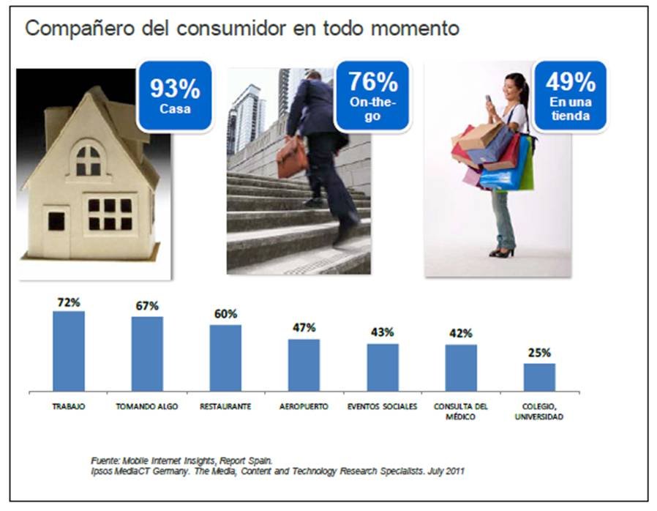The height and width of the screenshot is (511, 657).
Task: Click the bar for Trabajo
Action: tap(69, 351)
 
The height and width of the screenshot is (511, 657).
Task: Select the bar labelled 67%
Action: tap(147, 354)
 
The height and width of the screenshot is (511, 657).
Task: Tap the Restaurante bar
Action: tap(225, 358)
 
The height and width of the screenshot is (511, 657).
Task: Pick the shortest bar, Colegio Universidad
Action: tap(539, 377)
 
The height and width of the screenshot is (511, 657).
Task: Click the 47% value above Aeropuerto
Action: tap(304, 327)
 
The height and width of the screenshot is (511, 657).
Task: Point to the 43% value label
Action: tap(382, 332)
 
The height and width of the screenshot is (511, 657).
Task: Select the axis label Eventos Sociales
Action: tap(382, 406)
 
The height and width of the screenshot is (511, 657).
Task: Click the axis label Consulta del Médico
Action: tap(461, 411)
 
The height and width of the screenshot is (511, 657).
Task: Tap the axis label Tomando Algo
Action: tap(147, 406)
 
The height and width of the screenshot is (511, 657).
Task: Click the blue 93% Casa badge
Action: tap(175, 96)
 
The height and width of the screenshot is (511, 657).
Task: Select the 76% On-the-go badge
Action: tap(372, 96)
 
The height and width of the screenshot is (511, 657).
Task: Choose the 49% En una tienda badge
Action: tap(570, 96)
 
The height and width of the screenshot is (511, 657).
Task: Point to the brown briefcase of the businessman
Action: tap(292, 158)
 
